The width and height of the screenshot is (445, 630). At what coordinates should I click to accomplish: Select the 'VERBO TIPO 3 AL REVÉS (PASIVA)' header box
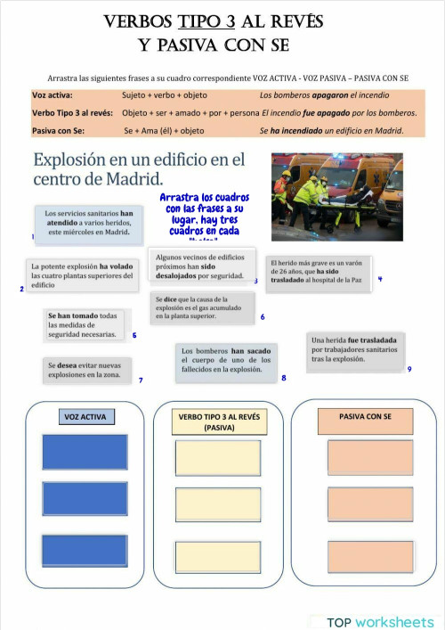(219, 421)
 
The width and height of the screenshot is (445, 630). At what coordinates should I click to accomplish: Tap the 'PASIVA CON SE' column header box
(365, 417)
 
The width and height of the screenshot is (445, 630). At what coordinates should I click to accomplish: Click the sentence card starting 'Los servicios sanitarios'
(88, 224)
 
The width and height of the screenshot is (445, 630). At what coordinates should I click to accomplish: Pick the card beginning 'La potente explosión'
(82, 274)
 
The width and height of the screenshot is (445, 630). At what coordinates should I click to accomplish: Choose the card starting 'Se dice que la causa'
(202, 307)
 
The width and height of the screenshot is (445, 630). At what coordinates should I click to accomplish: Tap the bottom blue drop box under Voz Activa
(85, 550)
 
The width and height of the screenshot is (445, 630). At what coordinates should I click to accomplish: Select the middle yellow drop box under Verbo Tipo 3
(218, 503)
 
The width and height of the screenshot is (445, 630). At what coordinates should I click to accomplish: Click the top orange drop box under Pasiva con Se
(370, 456)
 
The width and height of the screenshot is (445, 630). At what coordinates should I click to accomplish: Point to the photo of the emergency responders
(336, 192)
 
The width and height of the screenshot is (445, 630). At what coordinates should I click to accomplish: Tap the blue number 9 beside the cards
(409, 369)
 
